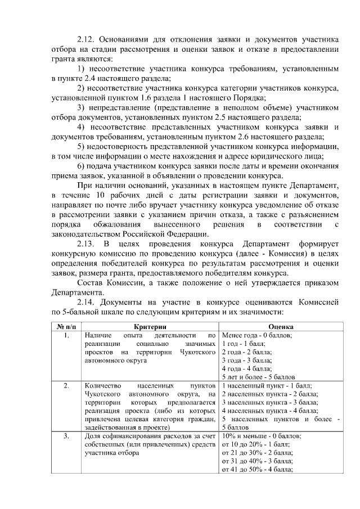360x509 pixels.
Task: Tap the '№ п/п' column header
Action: click(x=66, y=326)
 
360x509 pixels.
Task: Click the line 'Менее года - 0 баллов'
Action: click(x=256, y=335)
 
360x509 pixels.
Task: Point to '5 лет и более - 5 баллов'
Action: click(x=259, y=377)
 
